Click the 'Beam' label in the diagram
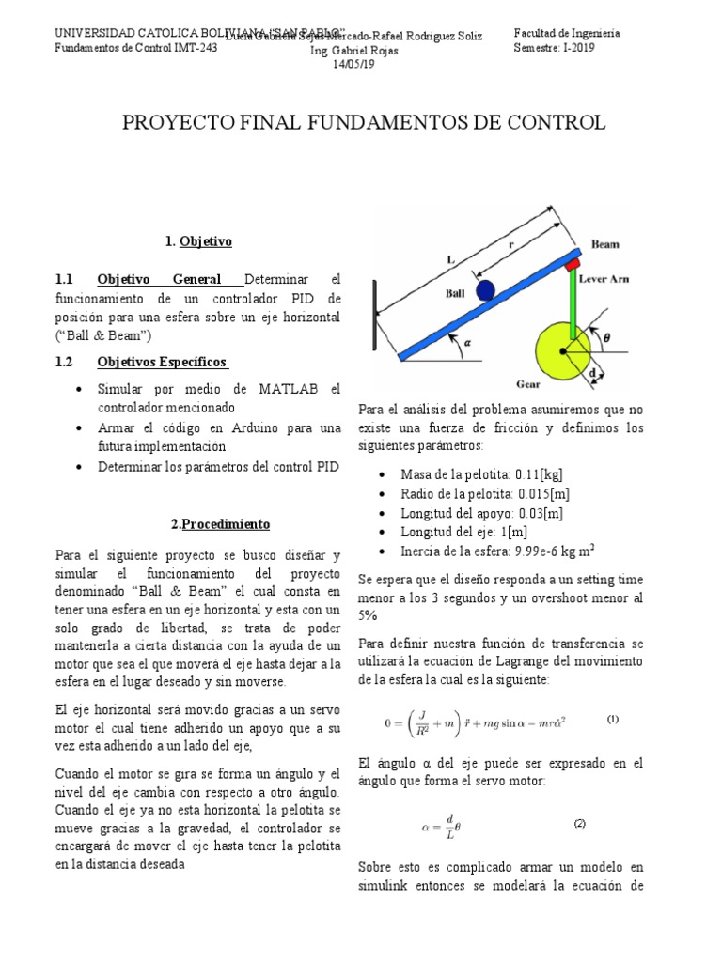pyautogui.click(x=604, y=244)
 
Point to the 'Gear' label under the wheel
pyautogui.click(x=528, y=384)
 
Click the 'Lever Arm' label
pyautogui.click(x=603, y=279)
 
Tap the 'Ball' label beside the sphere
pyautogui.click(x=456, y=292)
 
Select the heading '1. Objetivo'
pyautogui.click(x=197, y=241)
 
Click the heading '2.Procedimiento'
pyautogui.click(x=220, y=523)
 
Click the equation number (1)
pyautogui.click(x=612, y=720)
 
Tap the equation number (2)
pyautogui.click(x=580, y=823)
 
